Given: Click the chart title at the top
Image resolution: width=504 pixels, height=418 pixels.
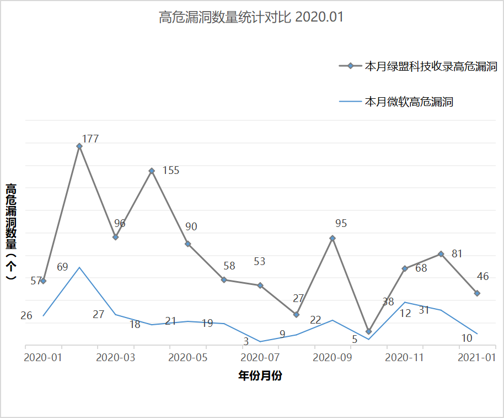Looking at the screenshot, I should (251, 18).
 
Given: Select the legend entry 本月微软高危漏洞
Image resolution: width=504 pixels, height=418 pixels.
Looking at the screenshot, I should (409, 102).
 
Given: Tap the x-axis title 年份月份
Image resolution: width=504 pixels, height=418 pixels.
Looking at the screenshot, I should (260, 376).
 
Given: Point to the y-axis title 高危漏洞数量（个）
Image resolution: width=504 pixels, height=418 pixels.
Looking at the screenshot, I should (12, 232).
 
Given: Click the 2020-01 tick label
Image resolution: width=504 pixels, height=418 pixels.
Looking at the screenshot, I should (43, 357).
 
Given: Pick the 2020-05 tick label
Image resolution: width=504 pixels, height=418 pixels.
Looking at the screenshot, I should (187, 357).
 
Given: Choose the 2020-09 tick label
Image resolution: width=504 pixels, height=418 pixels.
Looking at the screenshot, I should (332, 357).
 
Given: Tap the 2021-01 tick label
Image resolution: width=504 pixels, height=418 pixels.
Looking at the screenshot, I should (477, 357).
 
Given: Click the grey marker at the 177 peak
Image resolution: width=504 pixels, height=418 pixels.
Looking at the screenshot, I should (79, 146).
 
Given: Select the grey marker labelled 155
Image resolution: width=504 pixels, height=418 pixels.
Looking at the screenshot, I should (152, 171).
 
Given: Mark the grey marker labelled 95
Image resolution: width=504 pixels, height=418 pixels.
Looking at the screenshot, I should (333, 239).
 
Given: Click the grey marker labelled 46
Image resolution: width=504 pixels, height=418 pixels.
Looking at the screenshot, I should (477, 293).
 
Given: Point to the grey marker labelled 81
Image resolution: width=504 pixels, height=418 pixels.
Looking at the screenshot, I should (441, 254).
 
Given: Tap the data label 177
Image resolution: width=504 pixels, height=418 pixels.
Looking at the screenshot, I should (90, 139).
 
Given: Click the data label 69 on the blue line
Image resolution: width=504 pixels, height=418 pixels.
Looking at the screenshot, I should (62, 267).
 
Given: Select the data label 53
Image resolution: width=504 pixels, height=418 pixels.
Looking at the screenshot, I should (260, 261).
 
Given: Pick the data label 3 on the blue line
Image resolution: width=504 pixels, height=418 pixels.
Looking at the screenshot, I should (246, 342).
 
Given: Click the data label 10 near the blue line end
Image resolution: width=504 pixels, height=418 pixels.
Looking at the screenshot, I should (467, 338).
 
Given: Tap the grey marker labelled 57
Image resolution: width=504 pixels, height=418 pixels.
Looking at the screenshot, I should (44, 281).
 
